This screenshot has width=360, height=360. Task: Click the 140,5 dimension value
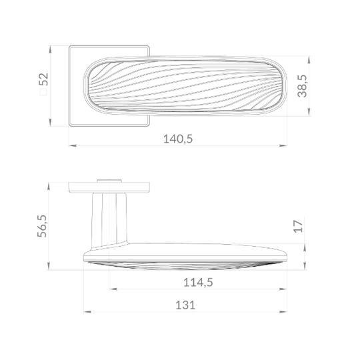point(178,139)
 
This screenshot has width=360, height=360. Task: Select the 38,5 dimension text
point(302,86)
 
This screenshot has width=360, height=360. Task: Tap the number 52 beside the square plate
point(43,79)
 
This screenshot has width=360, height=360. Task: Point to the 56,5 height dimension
point(42,226)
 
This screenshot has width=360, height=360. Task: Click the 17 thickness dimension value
point(299,227)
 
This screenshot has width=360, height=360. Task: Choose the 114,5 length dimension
point(198,283)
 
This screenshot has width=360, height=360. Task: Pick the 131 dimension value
point(185,305)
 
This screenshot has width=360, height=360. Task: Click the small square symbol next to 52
point(43,92)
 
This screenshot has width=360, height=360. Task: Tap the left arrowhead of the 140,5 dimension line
point(73,145)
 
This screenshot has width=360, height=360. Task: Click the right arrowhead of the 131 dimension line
point(283,312)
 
